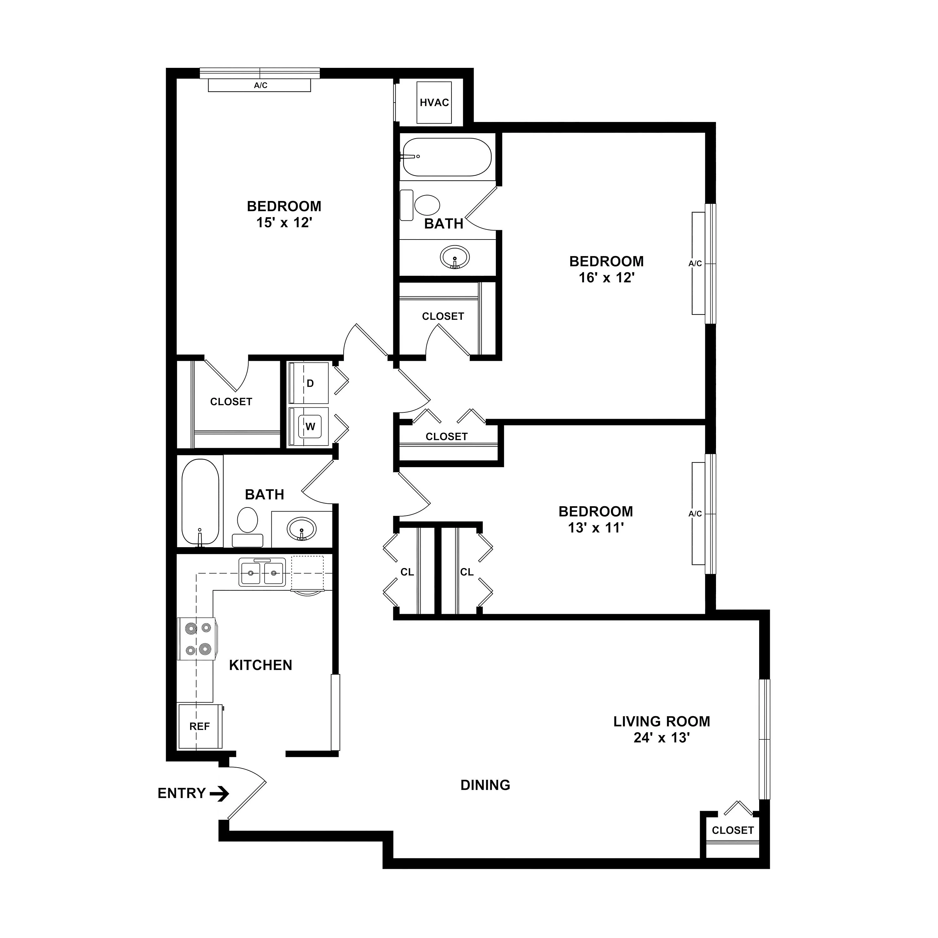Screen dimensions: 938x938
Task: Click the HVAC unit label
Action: [x=435, y=103]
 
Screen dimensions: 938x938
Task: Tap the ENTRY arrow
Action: [x=219, y=794]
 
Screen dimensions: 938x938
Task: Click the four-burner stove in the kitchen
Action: [x=197, y=638]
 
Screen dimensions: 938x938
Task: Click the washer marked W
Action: [x=309, y=426]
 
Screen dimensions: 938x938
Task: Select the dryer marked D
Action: [x=309, y=383]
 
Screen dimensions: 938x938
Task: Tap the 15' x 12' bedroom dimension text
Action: [x=284, y=223]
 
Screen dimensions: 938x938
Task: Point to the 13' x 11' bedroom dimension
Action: [x=596, y=528]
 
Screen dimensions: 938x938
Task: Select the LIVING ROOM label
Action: [x=662, y=721]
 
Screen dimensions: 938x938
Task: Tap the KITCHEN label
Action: [x=261, y=665]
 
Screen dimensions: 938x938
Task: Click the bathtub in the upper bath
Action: [x=447, y=157]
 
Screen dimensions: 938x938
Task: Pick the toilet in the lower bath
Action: [x=248, y=527]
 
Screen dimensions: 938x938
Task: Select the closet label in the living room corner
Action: [x=733, y=830]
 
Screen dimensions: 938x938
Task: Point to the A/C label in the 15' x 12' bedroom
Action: [x=261, y=85]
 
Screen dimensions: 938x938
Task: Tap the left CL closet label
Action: [x=407, y=572]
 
